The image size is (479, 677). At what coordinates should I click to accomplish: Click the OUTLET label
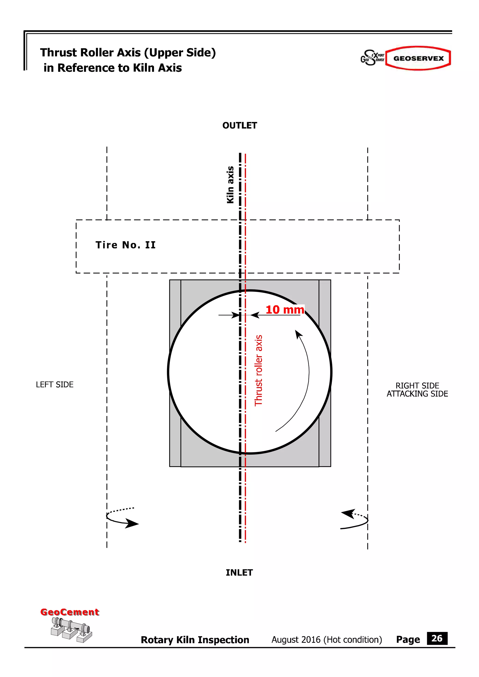240,126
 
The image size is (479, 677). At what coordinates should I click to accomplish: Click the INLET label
239,572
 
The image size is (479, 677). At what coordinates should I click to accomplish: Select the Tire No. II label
125,245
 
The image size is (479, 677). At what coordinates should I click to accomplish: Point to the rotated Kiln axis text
230,185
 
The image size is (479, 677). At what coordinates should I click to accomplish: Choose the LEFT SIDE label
54,385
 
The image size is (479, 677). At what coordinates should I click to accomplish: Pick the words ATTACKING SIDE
417,394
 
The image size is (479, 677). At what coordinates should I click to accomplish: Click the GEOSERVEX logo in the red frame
418,58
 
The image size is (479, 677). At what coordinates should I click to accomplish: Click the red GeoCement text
70,612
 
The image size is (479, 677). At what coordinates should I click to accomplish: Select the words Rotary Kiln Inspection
195,640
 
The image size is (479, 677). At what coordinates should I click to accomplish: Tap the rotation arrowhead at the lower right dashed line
348,513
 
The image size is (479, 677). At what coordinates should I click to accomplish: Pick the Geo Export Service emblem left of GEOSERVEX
372,58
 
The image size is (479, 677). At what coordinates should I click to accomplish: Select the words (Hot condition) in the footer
353,640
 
